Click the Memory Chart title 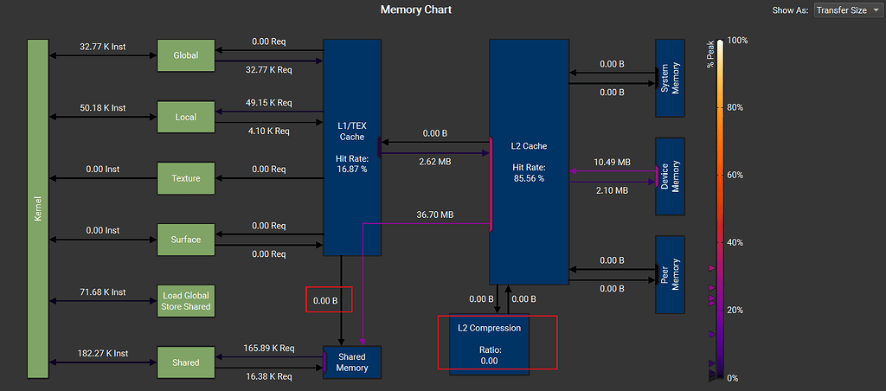pos(416,10)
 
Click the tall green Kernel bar pos(37,208)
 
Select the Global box pos(185,55)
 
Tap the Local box pos(185,117)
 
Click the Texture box pos(185,178)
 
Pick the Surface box pos(185,240)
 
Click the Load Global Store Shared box pos(185,301)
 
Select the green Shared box pos(185,362)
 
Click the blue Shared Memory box pos(352,362)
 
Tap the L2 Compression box pos(490,343)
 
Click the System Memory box pos(671,78)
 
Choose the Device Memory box pos(671,176)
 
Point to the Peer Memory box pos(671,274)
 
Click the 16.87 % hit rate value pos(351,170)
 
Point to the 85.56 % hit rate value pos(528,178)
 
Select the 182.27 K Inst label pos(102,353)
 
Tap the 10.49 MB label pos(612,162)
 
